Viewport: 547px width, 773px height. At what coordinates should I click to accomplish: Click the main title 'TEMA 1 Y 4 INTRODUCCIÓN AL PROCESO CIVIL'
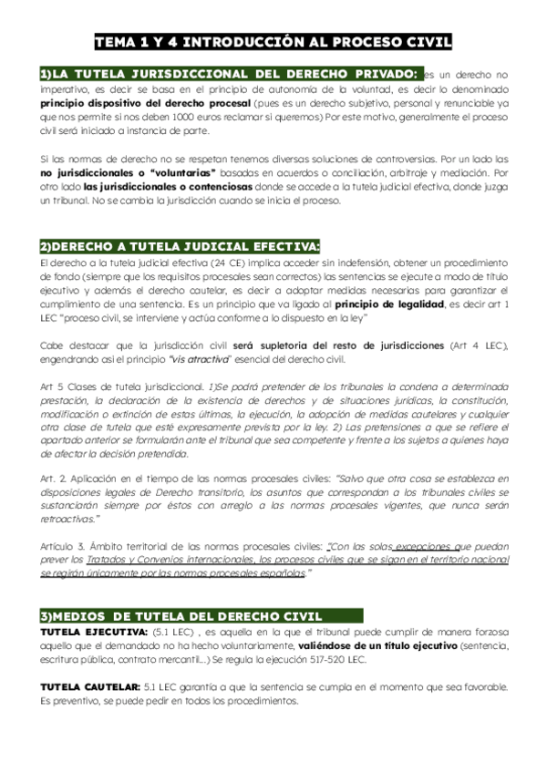pyautogui.click(x=273, y=42)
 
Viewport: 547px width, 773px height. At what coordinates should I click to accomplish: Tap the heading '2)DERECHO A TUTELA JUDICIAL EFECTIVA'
pyautogui.click(x=180, y=247)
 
